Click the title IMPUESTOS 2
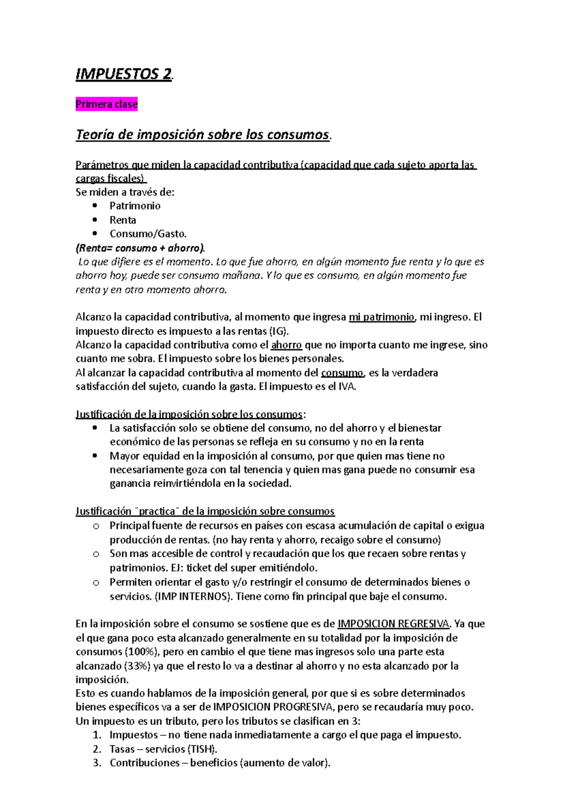click(124, 74)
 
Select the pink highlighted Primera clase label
click(107, 104)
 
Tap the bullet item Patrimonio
click(135, 206)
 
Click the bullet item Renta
click(123, 220)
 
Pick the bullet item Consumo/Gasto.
click(148, 234)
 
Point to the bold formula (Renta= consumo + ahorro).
click(140, 248)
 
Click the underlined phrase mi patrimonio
click(382, 317)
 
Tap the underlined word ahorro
click(286, 345)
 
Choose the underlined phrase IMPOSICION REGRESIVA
click(394, 624)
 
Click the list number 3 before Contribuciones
click(97, 763)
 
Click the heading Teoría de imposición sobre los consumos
click(203, 135)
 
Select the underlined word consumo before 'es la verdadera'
click(342, 373)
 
